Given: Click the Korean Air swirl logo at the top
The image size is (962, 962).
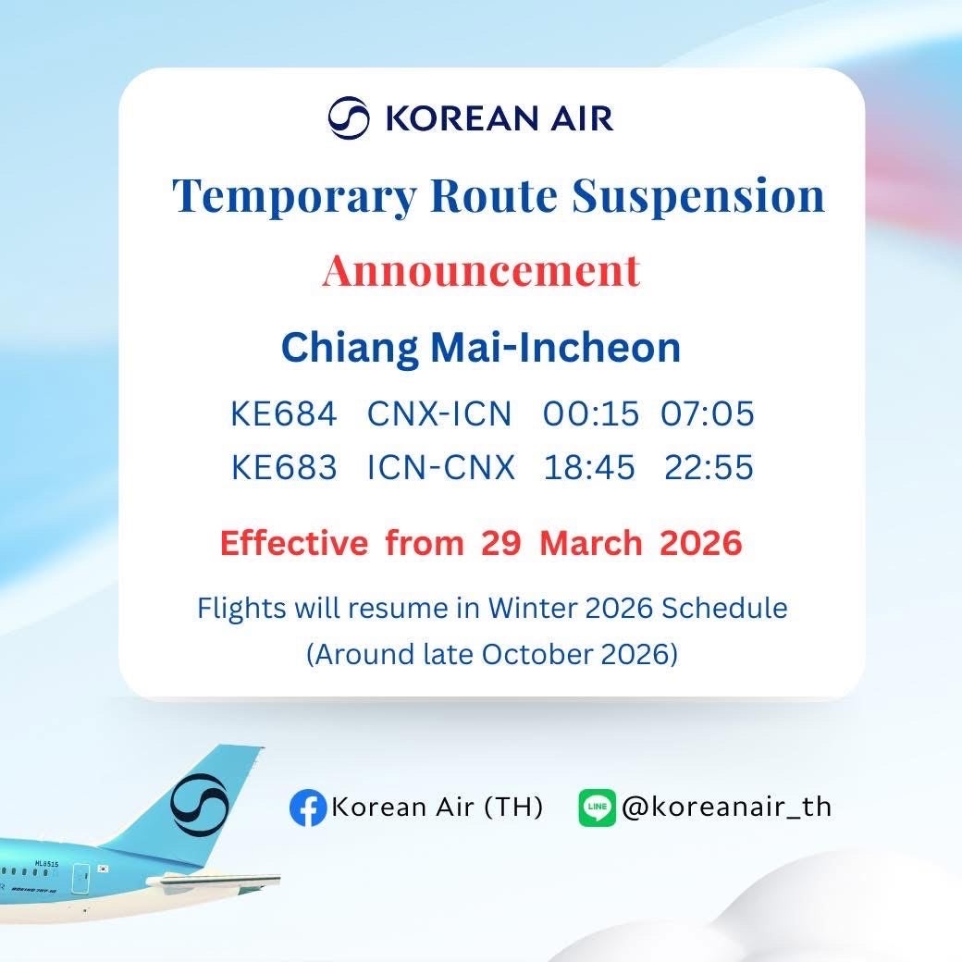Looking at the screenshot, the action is (349, 117).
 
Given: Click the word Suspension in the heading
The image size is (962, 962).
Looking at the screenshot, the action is (698, 196).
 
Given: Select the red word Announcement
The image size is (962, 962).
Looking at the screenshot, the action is (482, 270).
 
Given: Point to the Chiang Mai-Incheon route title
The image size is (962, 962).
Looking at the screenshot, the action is (481, 348).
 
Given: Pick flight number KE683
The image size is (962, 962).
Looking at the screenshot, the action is (284, 467).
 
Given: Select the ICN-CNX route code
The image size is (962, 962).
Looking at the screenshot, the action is (441, 467).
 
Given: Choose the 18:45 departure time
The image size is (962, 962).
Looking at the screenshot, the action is (589, 467).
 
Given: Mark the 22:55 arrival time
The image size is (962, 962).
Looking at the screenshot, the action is (709, 467).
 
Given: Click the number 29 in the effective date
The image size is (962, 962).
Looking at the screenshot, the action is (501, 544).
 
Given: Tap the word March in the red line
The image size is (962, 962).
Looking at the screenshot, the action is (591, 544).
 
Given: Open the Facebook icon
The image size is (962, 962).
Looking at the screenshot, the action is (308, 808).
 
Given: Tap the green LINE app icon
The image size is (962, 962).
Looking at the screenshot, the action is (597, 808).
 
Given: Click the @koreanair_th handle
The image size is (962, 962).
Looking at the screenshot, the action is (726, 808).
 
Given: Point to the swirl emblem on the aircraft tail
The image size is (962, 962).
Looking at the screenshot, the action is (200, 806).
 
